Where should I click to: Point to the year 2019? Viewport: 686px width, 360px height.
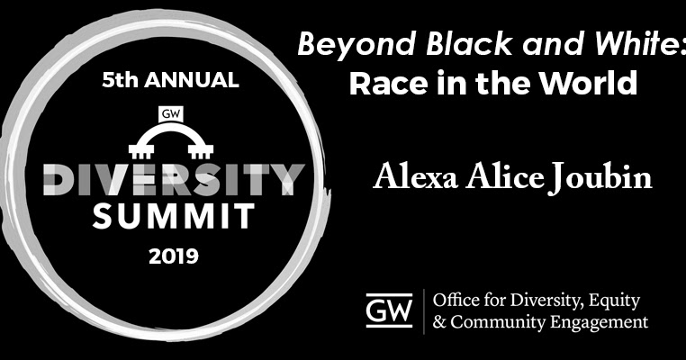[x=169, y=257]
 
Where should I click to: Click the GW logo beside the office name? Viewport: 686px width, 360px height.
[x=390, y=310]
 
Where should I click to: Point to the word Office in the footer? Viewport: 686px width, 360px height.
[x=458, y=300]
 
